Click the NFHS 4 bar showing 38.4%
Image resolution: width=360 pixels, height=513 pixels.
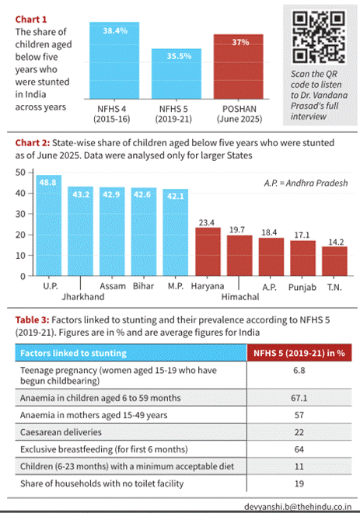click(114, 61)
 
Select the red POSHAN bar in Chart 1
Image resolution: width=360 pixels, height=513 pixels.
click(238, 67)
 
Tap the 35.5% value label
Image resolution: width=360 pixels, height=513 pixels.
click(179, 56)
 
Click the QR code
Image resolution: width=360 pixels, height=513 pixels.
click(319, 37)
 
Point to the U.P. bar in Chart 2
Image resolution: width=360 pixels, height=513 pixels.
click(49, 225)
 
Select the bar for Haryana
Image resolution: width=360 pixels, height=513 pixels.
click(208, 252)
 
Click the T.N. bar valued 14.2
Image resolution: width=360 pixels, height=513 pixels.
click(334, 261)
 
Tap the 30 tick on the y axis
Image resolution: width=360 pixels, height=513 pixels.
click(20, 214)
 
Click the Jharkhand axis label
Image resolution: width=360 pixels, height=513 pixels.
click(83, 297)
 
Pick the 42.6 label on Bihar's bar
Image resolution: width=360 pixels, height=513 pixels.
click(142, 194)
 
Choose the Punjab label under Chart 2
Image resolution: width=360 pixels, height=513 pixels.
click(302, 288)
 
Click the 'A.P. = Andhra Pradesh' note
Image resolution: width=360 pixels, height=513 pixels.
click(306, 183)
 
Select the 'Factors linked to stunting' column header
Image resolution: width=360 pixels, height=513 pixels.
click(73, 353)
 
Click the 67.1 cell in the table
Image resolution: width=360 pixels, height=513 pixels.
click(299, 398)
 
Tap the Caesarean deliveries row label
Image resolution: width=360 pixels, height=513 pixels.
click(61, 432)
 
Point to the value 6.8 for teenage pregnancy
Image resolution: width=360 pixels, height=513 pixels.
click(299, 370)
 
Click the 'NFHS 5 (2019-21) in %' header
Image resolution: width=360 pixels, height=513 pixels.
click(299, 353)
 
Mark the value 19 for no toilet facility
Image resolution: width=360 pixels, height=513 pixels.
click(299, 483)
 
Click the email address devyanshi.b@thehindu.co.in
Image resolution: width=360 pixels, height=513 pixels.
click(298, 507)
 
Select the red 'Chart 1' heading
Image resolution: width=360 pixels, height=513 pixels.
click(31, 19)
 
